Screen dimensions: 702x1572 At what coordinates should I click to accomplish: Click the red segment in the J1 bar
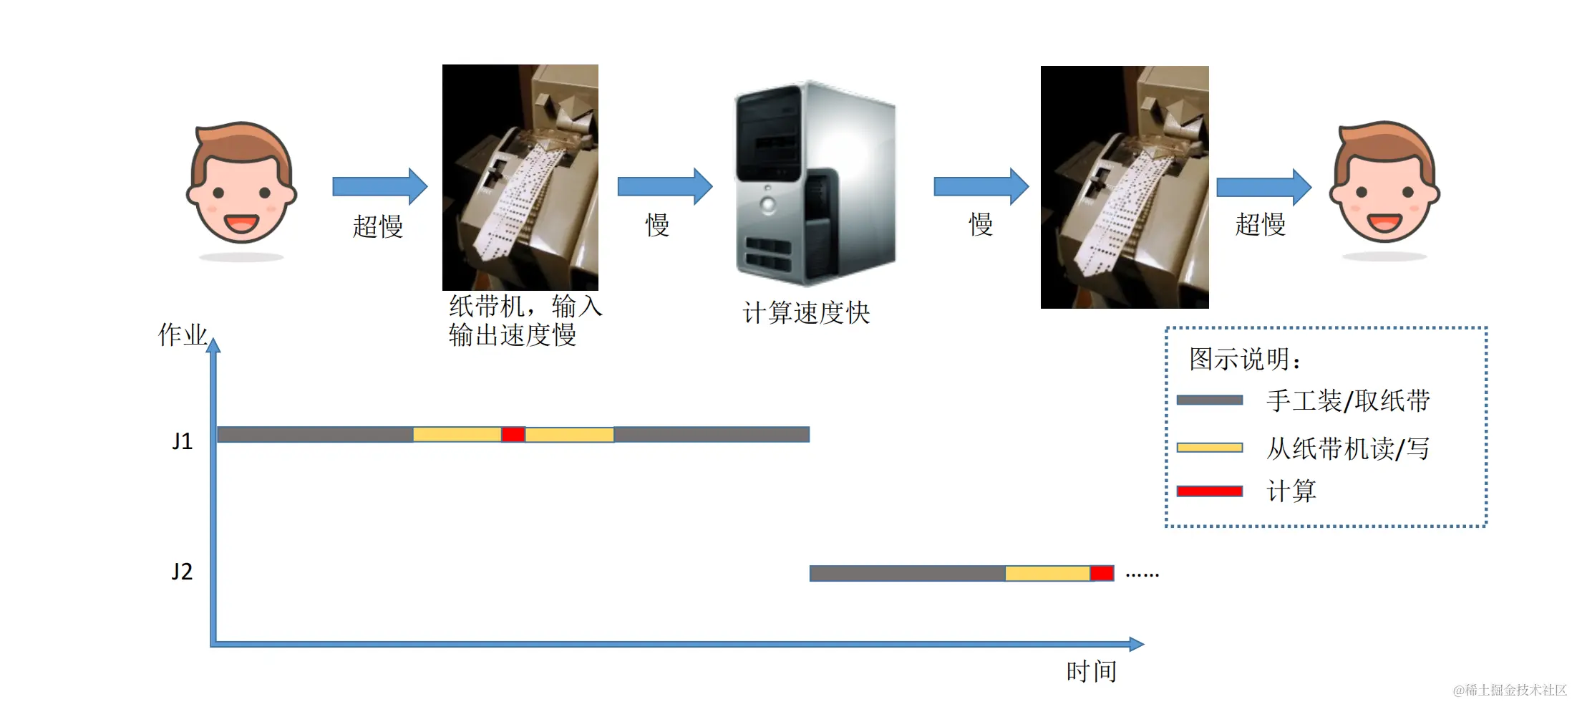tap(513, 434)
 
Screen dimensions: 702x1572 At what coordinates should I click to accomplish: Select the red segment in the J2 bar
tap(1102, 573)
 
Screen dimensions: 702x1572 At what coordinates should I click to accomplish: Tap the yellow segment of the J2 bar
tap(1047, 573)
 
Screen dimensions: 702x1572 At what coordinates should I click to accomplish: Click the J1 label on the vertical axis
tap(183, 441)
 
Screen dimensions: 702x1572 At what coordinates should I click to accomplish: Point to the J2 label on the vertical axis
tap(182, 572)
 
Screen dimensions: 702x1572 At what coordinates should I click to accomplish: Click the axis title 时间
tap(1091, 671)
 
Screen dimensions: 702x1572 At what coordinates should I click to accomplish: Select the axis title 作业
tap(183, 335)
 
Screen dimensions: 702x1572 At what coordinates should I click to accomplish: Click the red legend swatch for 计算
tap(1209, 491)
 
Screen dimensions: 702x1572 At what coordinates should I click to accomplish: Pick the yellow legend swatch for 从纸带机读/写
tap(1209, 448)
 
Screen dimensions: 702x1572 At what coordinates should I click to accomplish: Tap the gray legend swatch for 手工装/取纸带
tap(1209, 400)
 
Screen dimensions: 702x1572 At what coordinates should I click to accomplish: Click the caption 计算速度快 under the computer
tap(806, 313)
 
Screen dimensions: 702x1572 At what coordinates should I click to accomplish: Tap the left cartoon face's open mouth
tap(241, 223)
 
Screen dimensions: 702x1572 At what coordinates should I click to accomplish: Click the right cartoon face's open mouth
tap(1384, 223)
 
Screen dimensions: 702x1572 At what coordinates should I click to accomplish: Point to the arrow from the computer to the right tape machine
tap(981, 187)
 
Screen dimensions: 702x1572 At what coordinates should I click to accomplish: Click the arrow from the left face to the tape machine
tap(379, 186)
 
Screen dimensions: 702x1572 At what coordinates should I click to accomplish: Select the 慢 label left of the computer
tap(657, 225)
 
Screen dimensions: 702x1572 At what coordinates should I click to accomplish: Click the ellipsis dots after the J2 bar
tap(1142, 574)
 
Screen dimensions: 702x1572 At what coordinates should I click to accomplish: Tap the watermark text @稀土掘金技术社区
tap(1510, 690)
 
